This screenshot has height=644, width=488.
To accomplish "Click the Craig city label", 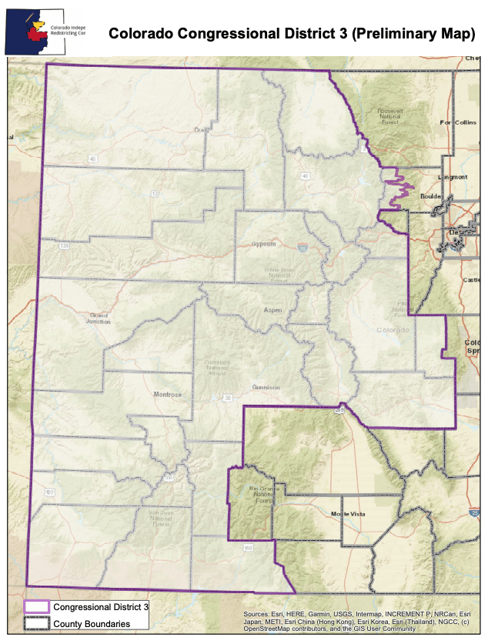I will pos(202,129).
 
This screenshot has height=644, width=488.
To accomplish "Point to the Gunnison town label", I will pos(266,388).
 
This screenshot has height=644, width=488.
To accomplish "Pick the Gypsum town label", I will pos(263,244).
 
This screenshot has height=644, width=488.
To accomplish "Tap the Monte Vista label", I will pos(346,513).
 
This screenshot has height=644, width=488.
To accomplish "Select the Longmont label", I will pos(452,177).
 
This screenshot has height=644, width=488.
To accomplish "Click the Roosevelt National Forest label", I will pos(390,115).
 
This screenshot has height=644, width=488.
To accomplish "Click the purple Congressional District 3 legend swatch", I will pos(36,608).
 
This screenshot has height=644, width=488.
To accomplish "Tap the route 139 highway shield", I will pos(65,245).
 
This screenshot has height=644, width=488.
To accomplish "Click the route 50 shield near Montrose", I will pos(227,398).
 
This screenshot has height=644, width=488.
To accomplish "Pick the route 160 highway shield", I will pos(248,549).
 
